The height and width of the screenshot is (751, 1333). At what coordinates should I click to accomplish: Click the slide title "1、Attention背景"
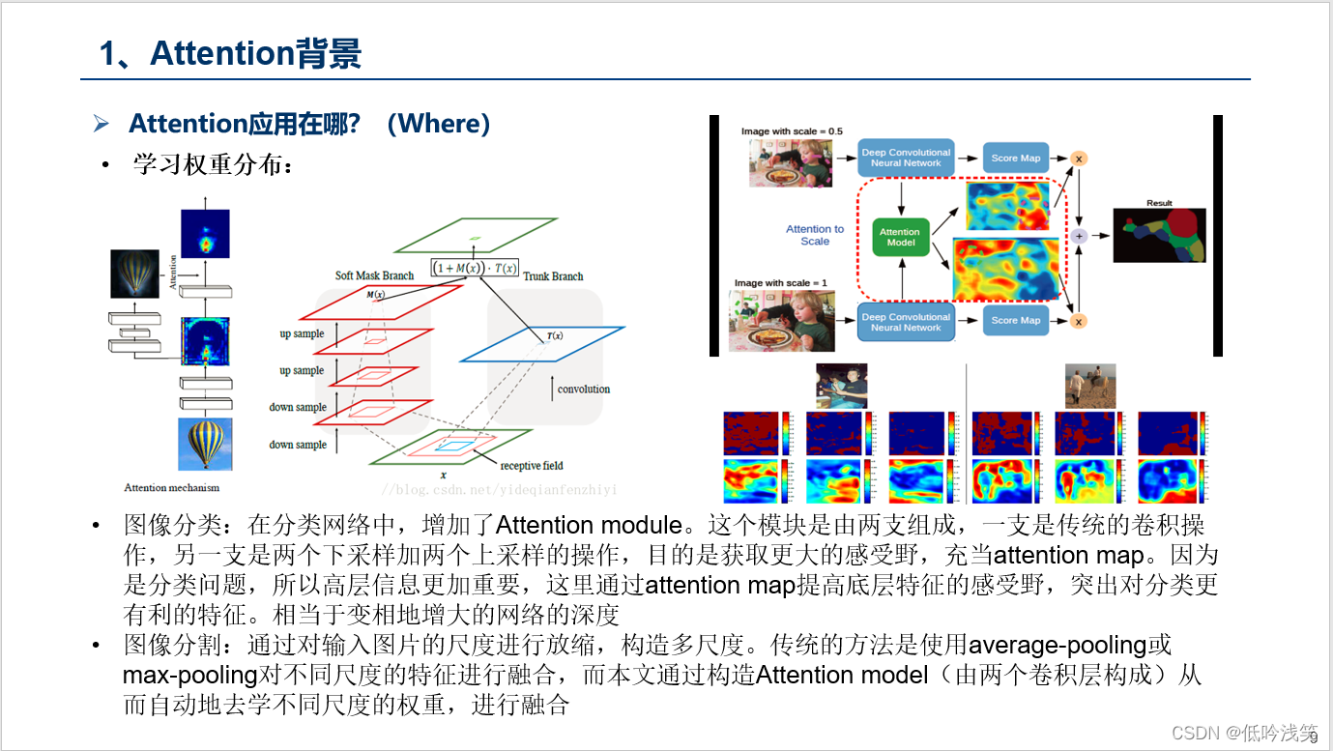(230, 53)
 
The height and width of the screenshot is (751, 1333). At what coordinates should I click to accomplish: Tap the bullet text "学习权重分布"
(209, 165)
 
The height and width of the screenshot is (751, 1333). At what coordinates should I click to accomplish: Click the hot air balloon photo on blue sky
(205, 444)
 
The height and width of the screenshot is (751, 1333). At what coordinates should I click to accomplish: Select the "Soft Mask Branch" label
(374, 275)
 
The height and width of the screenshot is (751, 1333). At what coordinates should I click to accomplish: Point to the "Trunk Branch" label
(553, 276)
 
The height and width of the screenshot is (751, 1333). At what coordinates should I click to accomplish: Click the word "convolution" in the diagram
(583, 390)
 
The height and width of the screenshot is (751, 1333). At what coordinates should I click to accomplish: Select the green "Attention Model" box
(899, 237)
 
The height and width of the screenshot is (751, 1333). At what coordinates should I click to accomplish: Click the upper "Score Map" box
(1016, 159)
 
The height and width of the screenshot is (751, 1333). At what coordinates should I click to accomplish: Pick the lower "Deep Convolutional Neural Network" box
(906, 322)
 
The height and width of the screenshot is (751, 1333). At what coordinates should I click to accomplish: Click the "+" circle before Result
(1079, 236)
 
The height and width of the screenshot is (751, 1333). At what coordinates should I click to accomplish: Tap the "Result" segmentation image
(1159, 236)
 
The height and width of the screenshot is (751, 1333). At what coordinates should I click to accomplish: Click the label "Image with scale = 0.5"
(792, 130)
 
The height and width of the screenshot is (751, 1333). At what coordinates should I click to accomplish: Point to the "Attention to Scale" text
(815, 235)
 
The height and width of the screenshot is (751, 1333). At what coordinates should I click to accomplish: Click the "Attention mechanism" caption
(171, 487)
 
